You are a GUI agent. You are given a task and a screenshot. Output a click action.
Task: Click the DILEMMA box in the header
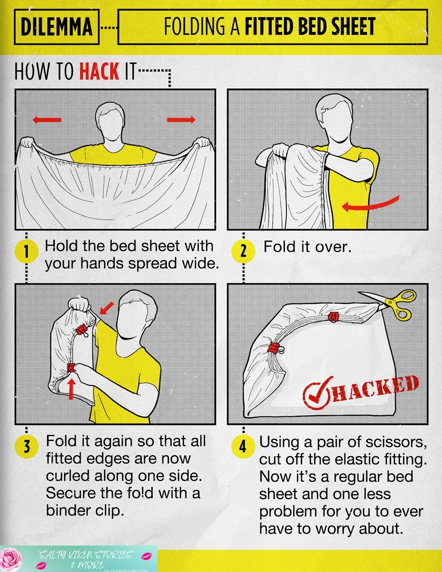(56, 26)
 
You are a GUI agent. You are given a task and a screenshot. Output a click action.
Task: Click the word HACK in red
(99, 72)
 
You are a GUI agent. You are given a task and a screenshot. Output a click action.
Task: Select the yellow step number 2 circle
(243, 251)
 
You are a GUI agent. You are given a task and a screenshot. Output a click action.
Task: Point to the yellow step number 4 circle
(243, 447)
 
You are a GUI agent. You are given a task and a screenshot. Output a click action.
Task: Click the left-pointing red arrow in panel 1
(47, 120)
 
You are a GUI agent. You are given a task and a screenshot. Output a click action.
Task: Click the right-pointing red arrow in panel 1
(181, 120)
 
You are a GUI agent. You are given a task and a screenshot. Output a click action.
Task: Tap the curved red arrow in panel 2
(370, 204)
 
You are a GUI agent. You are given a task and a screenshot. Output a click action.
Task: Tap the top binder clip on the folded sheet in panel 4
(332, 316)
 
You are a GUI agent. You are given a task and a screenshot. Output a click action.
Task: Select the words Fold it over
(307, 248)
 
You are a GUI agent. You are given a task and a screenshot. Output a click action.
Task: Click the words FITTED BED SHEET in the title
(309, 27)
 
